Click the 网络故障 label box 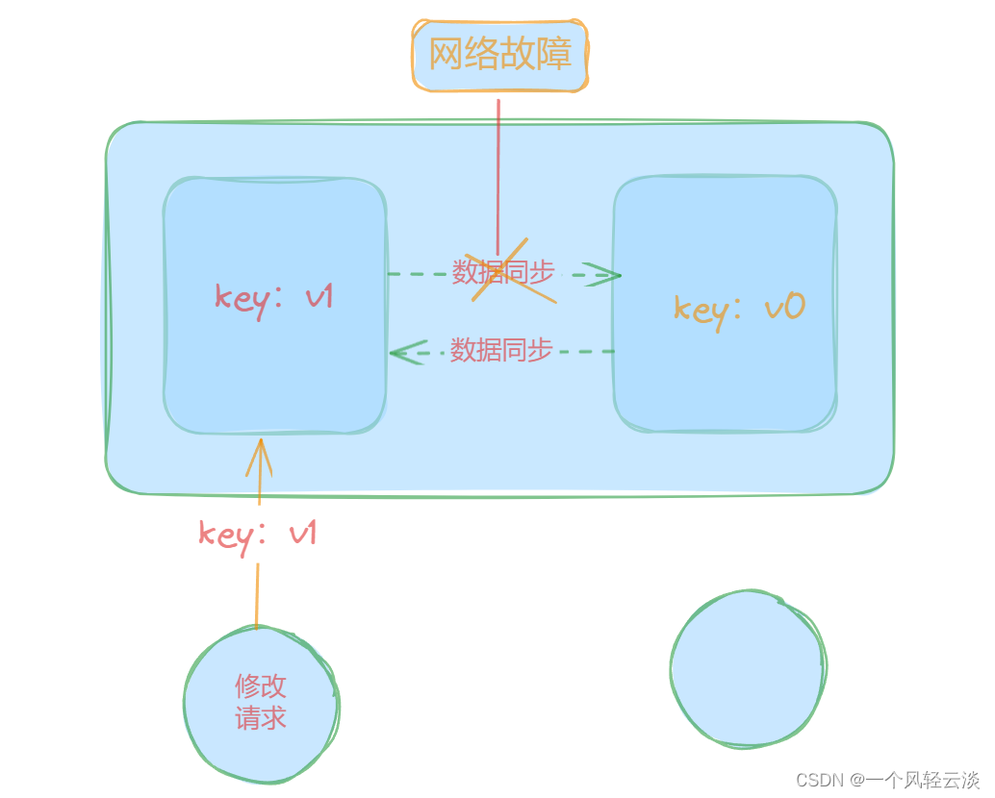[x=499, y=55]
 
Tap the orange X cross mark [x=514, y=271]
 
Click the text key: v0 [x=738, y=309]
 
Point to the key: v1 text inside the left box [x=274, y=296]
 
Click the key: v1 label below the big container [x=257, y=534]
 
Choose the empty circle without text [x=748, y=667]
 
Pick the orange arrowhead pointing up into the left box [x=259, y=457]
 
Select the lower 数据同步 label [x=501, y=350]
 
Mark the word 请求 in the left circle [x=261, y=718]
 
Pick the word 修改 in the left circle [x=261, y=686]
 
